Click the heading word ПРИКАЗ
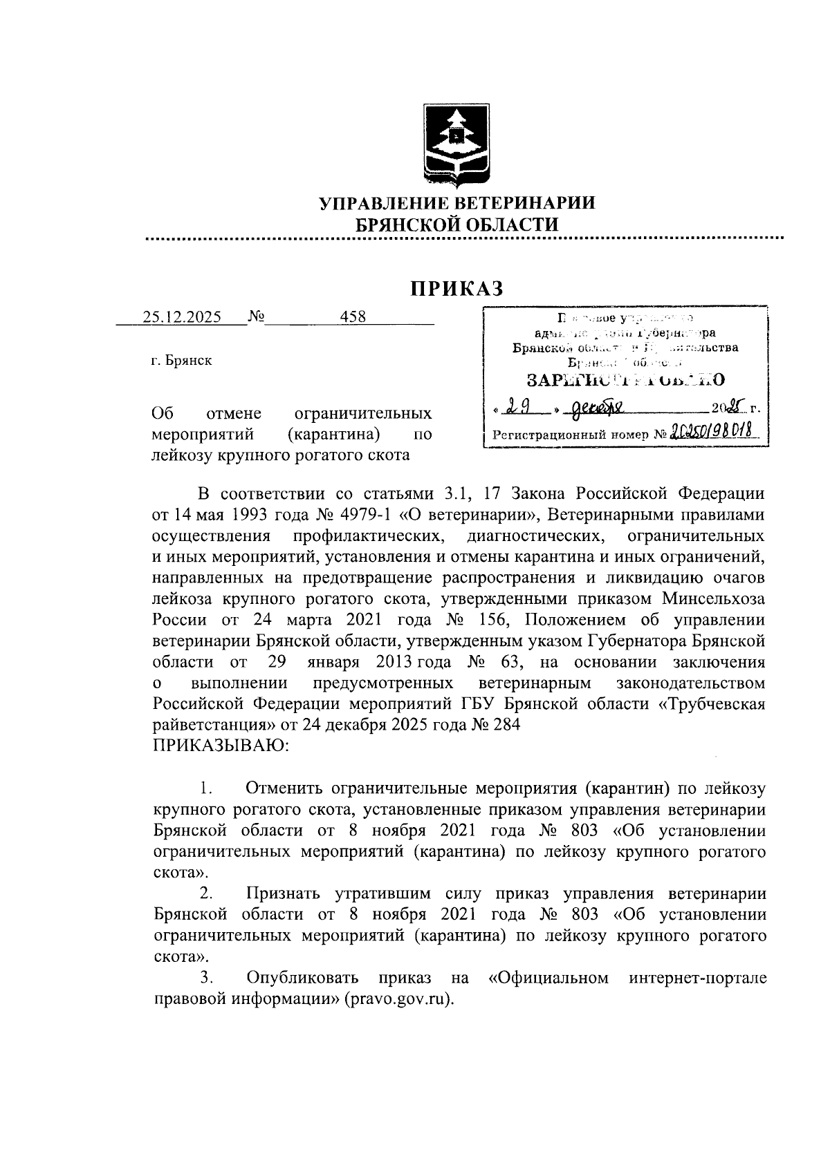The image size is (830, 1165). click(x=456, y=288)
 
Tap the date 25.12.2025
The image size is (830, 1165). click(x=182, y=317)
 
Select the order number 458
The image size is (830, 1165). click(x=353, y=317)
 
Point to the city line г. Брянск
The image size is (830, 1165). click(x=182, y=361)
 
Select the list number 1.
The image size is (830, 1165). click(x=205, y=788)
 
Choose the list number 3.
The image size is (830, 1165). click(x=205, y=978)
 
